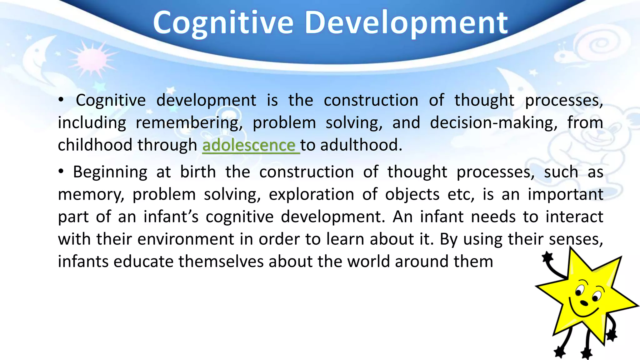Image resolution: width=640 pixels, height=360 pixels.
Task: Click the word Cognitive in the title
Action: (223, 22)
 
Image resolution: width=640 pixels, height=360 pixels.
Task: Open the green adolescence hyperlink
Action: (249, 145)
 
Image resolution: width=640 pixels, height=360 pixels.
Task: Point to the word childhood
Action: (95, 145)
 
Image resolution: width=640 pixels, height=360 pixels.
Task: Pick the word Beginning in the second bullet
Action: (110, 172)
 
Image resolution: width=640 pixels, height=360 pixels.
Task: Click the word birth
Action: (198, 172)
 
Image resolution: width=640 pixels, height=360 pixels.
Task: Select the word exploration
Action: (311, 194)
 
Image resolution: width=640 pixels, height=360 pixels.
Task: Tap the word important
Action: (565, 194)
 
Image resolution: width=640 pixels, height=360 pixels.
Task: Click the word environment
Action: (186, 239)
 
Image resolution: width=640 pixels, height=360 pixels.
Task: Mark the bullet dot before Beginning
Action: (61, 172)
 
